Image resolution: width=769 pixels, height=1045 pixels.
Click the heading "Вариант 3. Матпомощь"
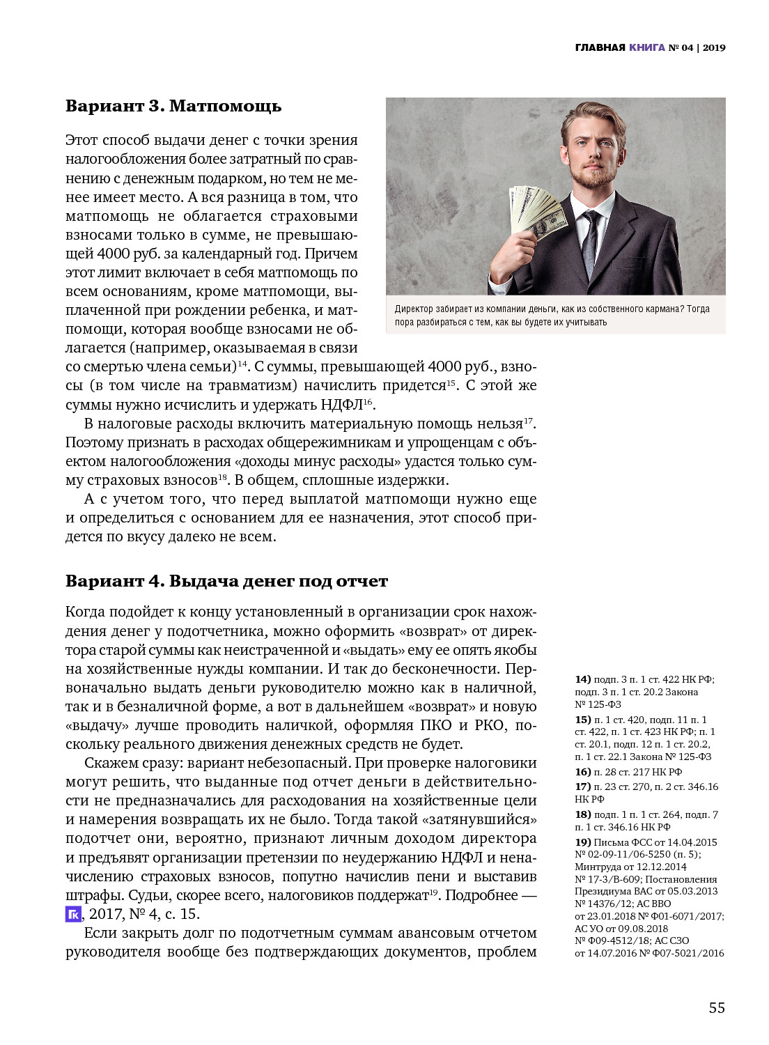(173, 106)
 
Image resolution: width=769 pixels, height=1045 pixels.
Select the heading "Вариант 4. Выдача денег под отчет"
(226, 581)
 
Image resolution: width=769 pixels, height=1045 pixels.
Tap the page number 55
(717, 1007)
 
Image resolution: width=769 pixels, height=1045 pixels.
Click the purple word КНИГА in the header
(646, 47)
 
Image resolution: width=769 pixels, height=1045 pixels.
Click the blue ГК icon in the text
(73, 914)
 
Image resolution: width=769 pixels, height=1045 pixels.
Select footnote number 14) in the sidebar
(582, 679)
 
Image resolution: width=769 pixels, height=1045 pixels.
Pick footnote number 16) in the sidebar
(582, 772)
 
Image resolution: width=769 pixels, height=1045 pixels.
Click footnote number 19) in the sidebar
(582, 842)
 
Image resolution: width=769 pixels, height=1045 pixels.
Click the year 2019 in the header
(714, 47)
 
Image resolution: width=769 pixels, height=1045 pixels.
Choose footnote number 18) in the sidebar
(582, 814)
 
